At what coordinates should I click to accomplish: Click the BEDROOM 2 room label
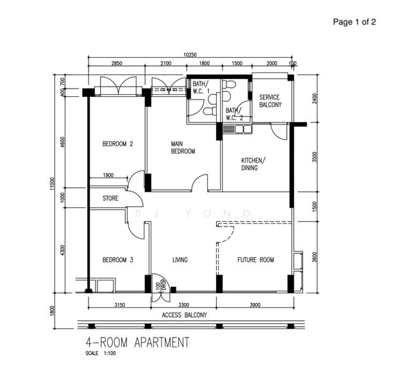click(x=117, y=144)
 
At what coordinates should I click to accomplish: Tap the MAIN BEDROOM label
click(x=183, y=148)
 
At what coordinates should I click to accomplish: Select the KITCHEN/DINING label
click(x=253, y=164)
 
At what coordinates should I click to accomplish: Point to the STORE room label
click(x=110, y=198)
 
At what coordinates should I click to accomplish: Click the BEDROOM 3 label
click(x=117, y=260)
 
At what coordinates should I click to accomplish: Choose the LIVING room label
click(x=180, y=260)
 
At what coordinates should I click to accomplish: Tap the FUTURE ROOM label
click(x=256, y=260)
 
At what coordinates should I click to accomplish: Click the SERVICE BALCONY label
click(x=271, y=101)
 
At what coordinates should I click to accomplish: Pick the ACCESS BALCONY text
click(x=184, y=315)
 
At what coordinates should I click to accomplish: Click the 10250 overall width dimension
click(x=190, y=55)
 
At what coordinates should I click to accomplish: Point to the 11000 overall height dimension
click(x=52, y=184)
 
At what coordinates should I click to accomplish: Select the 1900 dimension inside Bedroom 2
click(x=108, y=175)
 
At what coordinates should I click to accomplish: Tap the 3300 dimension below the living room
click(x=183, y=305)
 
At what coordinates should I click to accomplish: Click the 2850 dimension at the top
click(x=117, y=63)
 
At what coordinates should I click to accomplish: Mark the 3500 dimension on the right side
click(x=315, y=157)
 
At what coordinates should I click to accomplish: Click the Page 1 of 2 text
click(x=354, y=22)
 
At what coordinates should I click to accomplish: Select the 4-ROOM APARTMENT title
click(x=137, y=342)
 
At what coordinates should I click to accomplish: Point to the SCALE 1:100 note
click(x=101, y=353)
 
